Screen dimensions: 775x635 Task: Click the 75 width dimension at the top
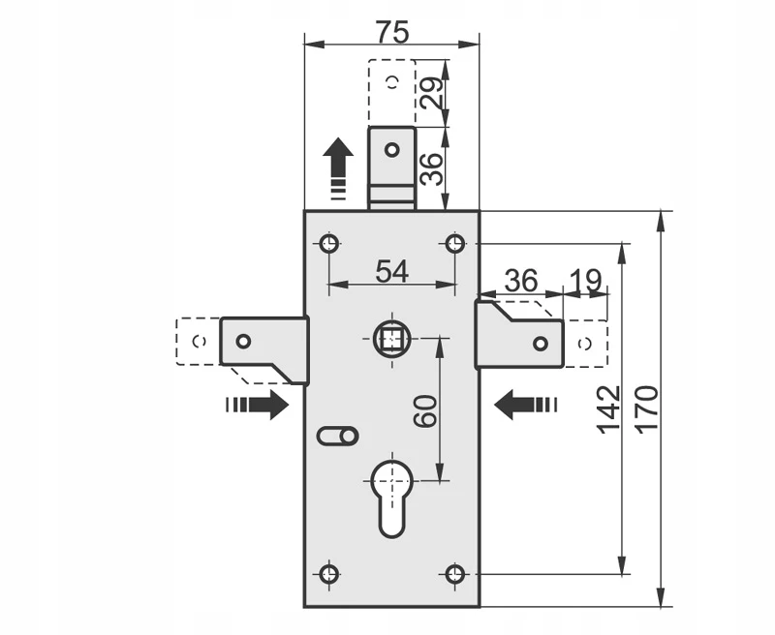tap(392, 33)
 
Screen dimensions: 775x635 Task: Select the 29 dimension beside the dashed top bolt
tap(431, 93)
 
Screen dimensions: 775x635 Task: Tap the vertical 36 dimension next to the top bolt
tap(431, 168)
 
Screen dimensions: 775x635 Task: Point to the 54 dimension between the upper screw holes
tap(392, 271)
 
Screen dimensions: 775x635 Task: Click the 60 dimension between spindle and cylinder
tap(425, 410)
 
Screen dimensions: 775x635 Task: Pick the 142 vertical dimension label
tap(608, 409)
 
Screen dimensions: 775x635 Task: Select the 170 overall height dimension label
tap(646, 409)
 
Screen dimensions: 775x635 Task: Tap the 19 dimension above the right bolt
tap(586, 281)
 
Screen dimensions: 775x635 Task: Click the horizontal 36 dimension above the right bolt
tap(521, 281)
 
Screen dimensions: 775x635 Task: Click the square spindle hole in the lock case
tap(392, 339)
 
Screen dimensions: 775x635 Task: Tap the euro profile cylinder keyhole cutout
tap(392, 499)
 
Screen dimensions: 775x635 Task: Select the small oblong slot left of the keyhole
tap(337, 436)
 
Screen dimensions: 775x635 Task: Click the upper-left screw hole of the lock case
tap(329, 243)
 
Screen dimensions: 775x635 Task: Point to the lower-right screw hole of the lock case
tap(454, 574)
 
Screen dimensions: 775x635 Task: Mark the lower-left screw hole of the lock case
tap(328, 574)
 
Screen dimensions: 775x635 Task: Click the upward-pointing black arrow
tap(338, 168)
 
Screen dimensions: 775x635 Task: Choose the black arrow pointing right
tap(257, 405)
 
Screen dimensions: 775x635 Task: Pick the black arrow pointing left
tap(526, 405)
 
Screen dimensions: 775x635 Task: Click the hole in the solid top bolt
tap(392, 150)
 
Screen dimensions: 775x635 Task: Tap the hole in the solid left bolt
tap(243, 341)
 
